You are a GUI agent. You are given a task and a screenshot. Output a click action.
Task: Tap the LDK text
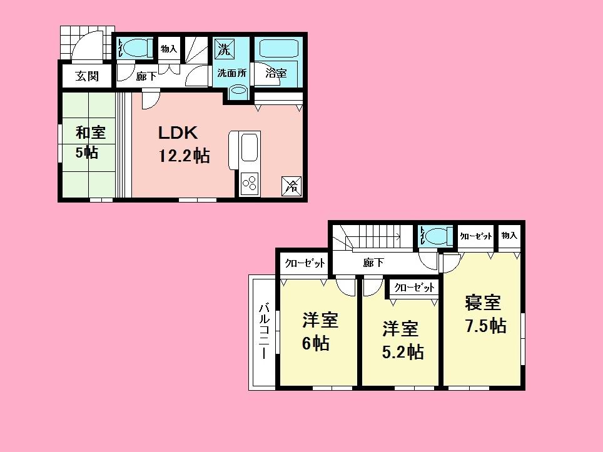click(178, 133)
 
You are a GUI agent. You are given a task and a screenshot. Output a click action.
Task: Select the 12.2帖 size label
click(183, 156)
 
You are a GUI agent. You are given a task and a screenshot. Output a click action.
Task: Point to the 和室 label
click(91, 133)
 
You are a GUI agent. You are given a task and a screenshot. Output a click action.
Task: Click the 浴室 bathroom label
click(276, 73)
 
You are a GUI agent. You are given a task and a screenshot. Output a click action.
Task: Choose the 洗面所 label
click(231, 73)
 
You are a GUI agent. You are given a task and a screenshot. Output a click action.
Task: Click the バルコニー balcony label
click(264, 331)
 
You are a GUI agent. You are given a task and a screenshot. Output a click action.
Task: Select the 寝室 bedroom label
click(482, 303)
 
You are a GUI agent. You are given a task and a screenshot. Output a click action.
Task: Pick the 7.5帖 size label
click(485, 326)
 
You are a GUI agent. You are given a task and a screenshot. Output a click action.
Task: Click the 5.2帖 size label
click(403, 352)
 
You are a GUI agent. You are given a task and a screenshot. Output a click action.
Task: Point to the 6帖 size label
click(316, 343)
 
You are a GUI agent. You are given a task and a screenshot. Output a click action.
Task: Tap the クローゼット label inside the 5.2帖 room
click(414, 288)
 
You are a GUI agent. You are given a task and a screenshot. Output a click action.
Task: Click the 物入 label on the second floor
click(509, 235)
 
